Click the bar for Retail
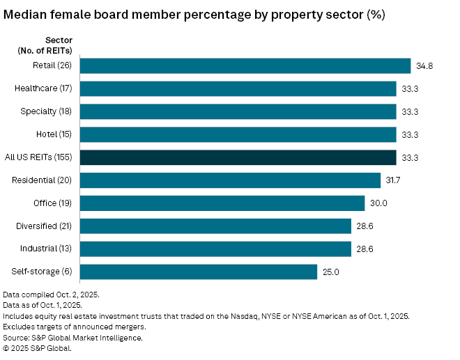click(245, 65)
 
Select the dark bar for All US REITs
click(238, 157)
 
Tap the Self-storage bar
click(199, 272)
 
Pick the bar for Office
click(222, 203)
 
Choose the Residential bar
click(231, 180)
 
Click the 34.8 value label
click(424, 65)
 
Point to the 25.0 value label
click(331, 272)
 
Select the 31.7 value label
click(394, 180)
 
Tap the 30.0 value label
click(378, 203)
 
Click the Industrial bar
click(215, 249)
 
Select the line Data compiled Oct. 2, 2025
click(51, 295)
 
